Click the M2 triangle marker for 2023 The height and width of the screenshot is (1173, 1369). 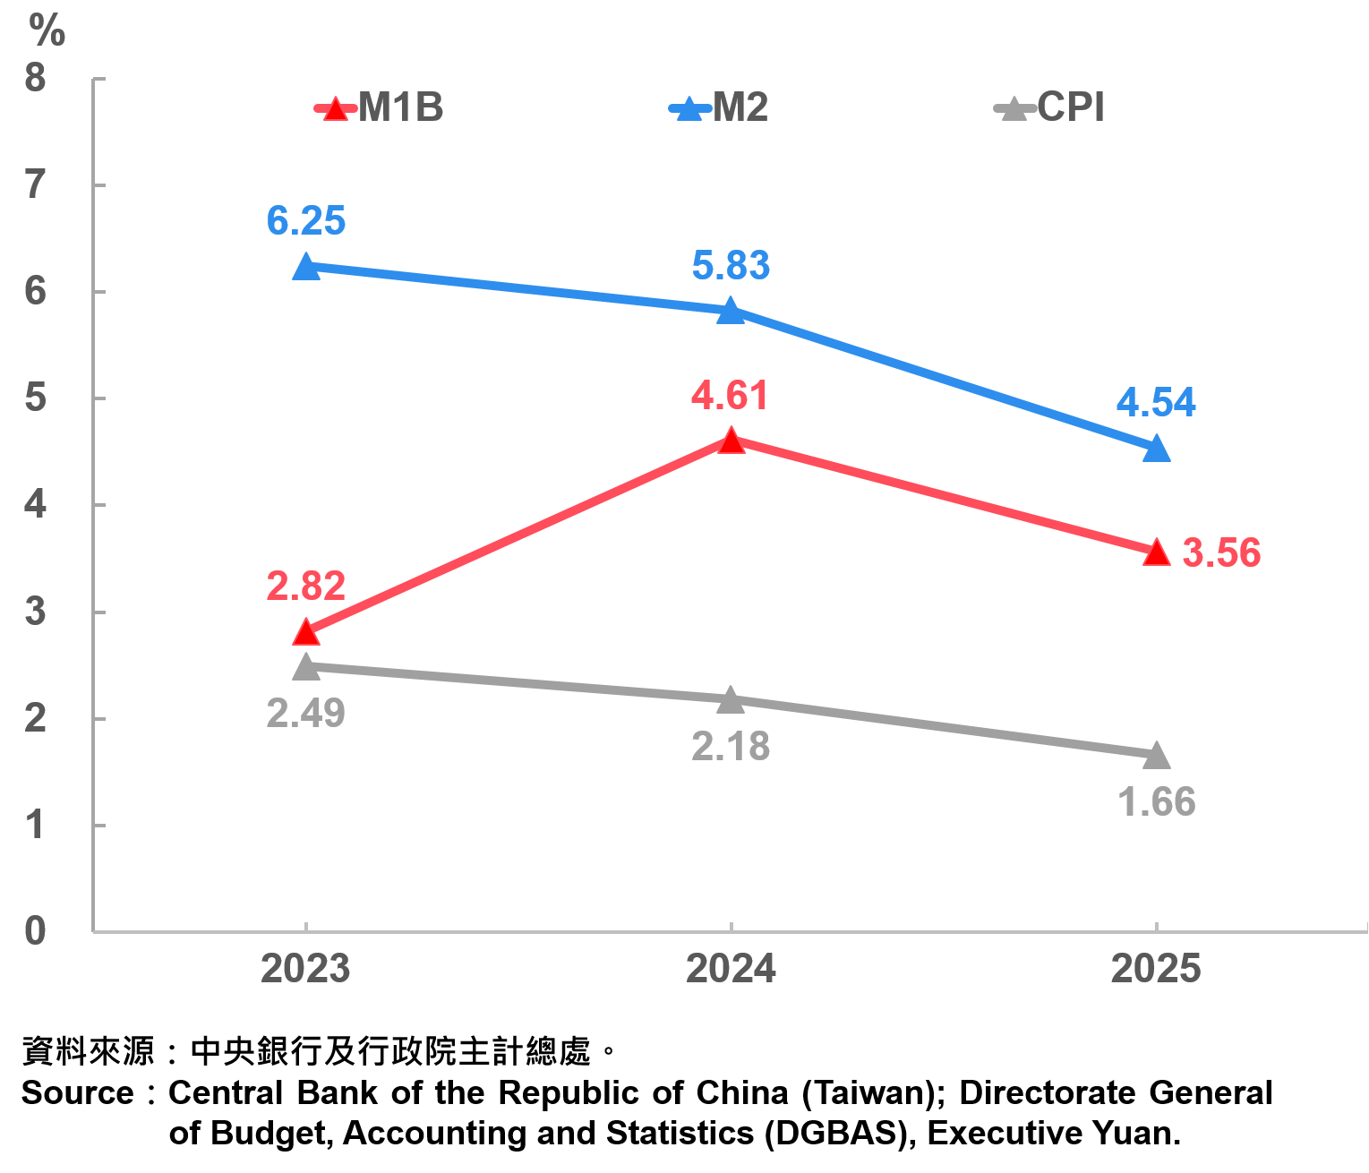point(306,267)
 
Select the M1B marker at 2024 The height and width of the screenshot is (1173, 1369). point(732,441)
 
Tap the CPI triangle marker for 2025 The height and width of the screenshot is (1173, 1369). point(1157,756)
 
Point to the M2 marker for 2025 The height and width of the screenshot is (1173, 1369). point(1157,448)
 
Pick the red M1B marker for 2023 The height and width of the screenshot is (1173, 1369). point(306,632)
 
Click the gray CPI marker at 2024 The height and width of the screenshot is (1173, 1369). point(732,699)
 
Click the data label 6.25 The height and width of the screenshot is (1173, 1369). point(306,221)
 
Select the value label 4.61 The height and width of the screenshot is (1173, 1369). point(730,396)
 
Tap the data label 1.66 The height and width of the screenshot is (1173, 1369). point(1157,802)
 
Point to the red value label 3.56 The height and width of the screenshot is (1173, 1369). point(1221,553)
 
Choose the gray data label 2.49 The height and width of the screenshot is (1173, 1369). point(306,714)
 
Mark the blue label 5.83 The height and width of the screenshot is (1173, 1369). point(731,266)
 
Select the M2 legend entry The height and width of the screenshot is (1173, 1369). point(719,108)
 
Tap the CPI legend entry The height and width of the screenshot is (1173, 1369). point(1050,108)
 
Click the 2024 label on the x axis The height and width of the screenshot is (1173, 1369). point(732,970)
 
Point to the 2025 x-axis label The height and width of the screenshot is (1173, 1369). point(1156,970)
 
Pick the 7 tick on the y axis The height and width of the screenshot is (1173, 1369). point(35,185)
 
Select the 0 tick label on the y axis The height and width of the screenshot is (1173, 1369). point(35,931)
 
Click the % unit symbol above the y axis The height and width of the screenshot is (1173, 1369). point(47,31)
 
